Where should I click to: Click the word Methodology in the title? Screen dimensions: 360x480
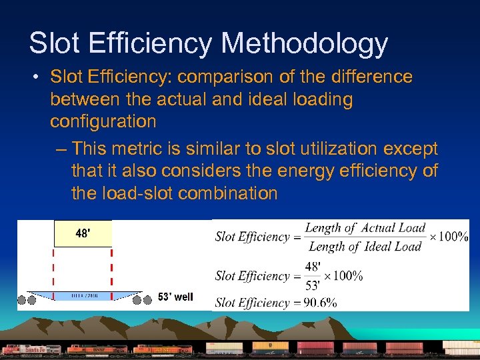click(305, 45)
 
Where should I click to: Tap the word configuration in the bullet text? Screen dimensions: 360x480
click(103, 121)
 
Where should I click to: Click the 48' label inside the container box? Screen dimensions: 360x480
click(83, 234)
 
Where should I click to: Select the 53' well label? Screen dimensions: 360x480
click(175, 297)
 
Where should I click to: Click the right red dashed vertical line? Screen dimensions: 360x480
click(111, 271)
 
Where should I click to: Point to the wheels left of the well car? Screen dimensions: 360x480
click(26, 300)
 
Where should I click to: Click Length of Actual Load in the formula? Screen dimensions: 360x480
click(365, 228)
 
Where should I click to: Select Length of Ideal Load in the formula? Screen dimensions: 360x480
click(365, 247)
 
